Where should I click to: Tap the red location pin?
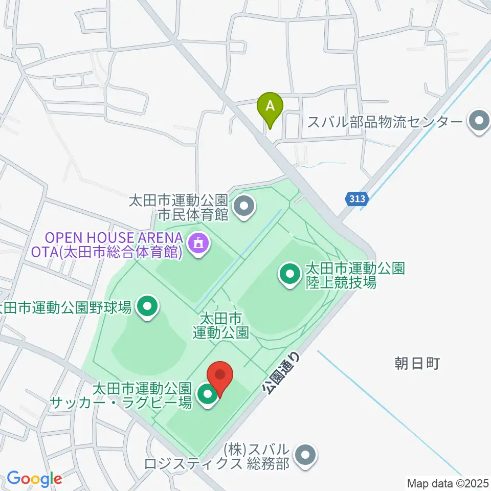coord(220,377)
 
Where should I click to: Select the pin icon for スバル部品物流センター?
coord(479,121)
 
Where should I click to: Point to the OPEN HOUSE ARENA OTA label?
coord(114,245)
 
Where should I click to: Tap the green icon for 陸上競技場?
coord(290,274)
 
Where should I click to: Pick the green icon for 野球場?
coord(148,307)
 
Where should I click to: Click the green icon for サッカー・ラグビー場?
coord(207,394)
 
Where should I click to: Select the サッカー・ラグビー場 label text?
coord(121,395)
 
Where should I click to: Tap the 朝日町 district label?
coord(417,364)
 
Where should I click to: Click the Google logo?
coord(34,479)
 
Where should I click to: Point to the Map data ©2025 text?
coord(448,483)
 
